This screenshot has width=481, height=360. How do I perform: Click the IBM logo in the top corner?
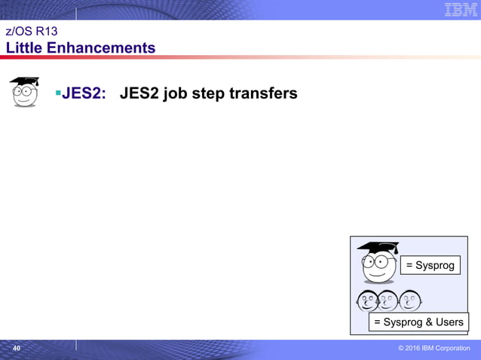click(460, 10)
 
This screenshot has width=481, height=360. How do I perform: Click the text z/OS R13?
click(32, 32)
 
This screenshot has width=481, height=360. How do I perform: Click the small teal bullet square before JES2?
click(57, 93)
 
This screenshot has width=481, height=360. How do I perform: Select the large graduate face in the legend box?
click(378, 264)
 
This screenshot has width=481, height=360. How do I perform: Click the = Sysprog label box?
click(430, 265)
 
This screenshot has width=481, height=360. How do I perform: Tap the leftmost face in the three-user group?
click(367, 301)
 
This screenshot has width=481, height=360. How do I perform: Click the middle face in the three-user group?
click(388, 301)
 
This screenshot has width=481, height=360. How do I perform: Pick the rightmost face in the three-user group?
click(410, 301)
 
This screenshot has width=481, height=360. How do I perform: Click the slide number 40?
click(17, 348)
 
